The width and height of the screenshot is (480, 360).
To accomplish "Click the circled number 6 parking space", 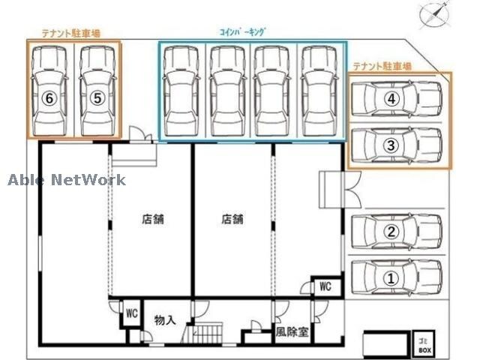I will pos(49,97).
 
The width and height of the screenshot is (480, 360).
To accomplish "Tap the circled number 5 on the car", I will pos(96,97).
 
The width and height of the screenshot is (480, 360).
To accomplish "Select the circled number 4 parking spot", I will pos(391,98).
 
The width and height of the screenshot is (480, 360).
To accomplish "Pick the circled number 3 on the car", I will pos(391,146).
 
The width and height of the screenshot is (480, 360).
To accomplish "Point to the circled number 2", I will pos(391,232).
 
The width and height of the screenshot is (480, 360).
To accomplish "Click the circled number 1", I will pos(391,277).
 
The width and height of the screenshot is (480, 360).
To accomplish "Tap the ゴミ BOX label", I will pos(424,346).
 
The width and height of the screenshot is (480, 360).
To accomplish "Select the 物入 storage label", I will pos(165,320).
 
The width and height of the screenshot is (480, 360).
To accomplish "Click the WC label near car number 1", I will pos(325,286).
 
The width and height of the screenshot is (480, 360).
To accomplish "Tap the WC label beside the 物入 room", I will pos(131,313).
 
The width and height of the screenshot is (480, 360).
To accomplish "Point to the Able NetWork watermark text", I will pos(67,180).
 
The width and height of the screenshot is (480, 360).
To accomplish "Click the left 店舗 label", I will pos(152,220).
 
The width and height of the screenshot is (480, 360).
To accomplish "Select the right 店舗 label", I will pos(232,220).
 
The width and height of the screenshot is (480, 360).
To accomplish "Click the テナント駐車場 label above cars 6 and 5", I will pos(71,32).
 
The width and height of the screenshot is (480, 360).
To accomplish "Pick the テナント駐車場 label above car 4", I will pos(382,66).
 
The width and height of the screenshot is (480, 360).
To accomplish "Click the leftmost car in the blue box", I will pos(181,92).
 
